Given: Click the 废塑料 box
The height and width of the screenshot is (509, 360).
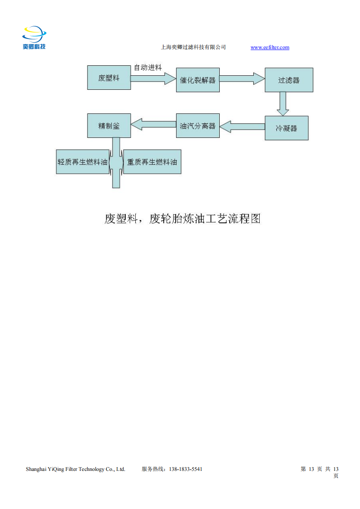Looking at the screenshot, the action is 109,78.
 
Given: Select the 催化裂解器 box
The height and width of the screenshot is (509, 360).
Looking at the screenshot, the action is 198,80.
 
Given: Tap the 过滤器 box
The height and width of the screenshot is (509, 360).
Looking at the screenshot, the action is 289,80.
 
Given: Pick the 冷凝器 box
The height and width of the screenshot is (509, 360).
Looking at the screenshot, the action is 286,128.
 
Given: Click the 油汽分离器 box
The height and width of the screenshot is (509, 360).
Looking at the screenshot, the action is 198,126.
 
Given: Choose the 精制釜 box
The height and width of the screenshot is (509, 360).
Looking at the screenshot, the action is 109,126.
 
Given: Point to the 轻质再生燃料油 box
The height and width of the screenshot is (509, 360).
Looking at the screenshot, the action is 83,162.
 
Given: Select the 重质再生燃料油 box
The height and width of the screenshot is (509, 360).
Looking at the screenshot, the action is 152,162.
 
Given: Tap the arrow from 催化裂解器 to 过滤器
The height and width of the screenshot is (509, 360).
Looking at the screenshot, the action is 242,78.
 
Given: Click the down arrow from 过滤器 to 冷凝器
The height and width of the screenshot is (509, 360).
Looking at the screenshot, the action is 283,104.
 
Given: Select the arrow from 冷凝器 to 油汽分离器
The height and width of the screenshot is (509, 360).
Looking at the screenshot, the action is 242,127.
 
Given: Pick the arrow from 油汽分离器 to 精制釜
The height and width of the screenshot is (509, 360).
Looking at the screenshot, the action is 153,124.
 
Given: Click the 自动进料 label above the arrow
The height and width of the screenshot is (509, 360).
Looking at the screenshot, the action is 148,68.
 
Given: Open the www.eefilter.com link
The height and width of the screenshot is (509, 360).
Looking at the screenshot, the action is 270,47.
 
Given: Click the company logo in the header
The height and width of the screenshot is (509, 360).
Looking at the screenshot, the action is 34,37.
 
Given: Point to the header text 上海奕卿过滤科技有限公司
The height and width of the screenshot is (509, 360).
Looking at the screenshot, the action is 193,47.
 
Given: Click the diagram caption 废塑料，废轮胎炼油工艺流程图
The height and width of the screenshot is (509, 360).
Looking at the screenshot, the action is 182,219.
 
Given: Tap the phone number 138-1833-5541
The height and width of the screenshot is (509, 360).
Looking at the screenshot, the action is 186,469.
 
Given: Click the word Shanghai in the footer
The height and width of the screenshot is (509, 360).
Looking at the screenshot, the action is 36,470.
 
